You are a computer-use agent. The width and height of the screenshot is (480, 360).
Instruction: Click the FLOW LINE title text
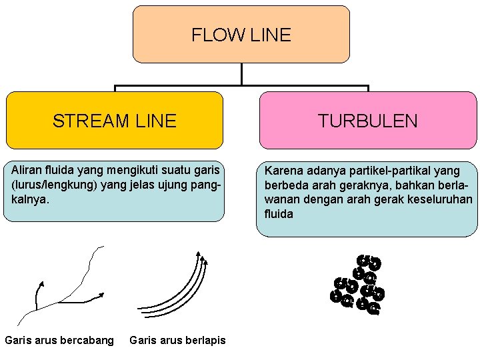241,35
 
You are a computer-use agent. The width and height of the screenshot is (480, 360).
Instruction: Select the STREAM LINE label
114,121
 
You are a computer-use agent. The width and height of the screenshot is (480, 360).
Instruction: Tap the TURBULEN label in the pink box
367,121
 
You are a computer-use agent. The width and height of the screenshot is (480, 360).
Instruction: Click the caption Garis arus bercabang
59,341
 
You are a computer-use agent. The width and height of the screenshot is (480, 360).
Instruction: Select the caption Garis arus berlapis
177,341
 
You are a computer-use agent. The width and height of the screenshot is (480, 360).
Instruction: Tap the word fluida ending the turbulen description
279,214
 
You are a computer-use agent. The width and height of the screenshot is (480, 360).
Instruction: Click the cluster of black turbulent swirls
359,285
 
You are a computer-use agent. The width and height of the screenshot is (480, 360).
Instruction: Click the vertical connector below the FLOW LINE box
241,74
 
